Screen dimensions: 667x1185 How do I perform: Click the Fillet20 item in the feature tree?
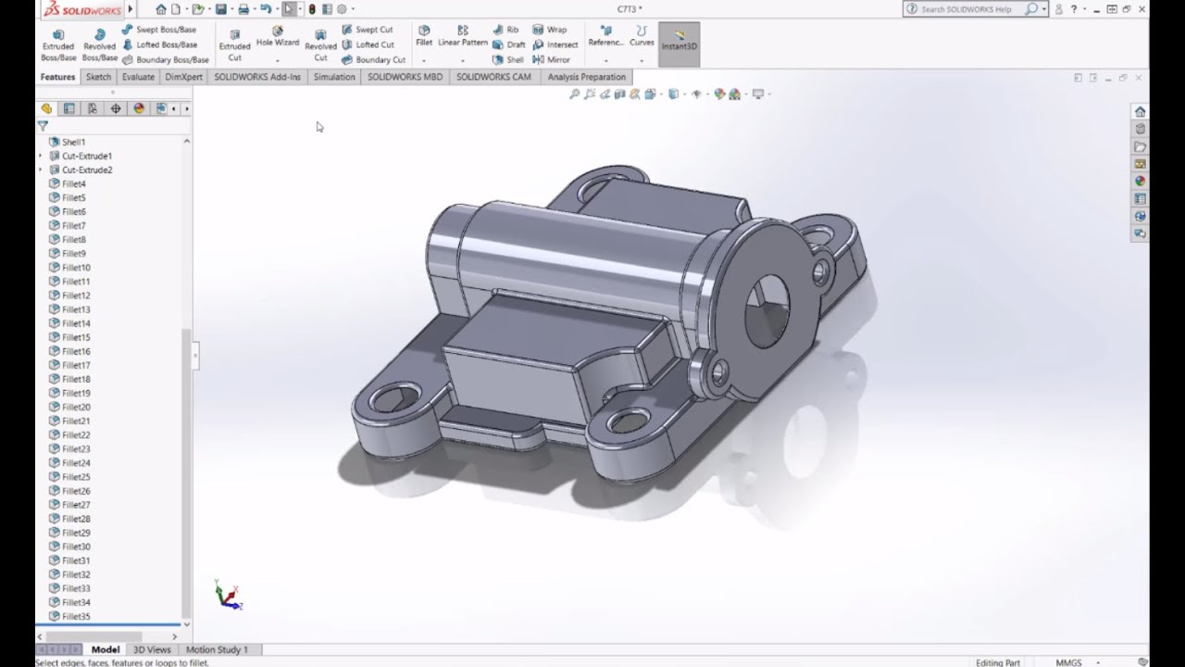76,407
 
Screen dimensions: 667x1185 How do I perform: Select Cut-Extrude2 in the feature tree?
86,170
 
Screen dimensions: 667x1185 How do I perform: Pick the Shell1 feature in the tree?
73,142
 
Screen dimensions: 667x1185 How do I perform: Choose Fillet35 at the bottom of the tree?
76,616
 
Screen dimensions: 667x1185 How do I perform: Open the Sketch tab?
98,77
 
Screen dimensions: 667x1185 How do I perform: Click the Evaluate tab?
138,77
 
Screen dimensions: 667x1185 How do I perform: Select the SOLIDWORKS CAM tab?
493,77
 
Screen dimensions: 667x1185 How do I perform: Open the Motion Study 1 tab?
217,649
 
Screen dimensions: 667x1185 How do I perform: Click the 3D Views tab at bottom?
152,649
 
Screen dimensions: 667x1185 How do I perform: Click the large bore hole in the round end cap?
767,309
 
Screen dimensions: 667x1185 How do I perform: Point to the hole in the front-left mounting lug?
395,399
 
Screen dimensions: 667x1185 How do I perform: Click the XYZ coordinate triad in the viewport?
227,596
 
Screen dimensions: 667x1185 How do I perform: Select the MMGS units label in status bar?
1068,662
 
